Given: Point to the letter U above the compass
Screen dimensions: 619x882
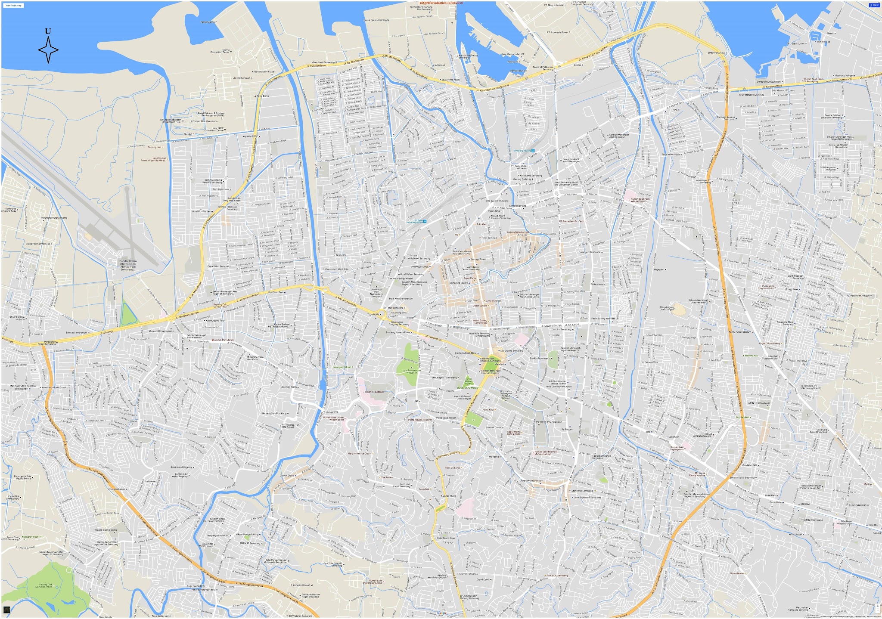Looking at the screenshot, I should tap(48, 31).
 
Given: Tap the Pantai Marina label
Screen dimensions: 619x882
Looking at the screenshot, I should tap(208, 22).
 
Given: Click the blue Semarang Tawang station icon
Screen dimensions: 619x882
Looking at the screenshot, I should tap(533, 151).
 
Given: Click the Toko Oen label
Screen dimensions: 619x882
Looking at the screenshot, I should tap(481, 224).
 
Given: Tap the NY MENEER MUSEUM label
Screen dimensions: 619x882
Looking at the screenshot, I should tap(752, 95).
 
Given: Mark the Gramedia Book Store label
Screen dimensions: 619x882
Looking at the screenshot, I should tap(465, 353).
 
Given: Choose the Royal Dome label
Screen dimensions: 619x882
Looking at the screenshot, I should tap(263, 96).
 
